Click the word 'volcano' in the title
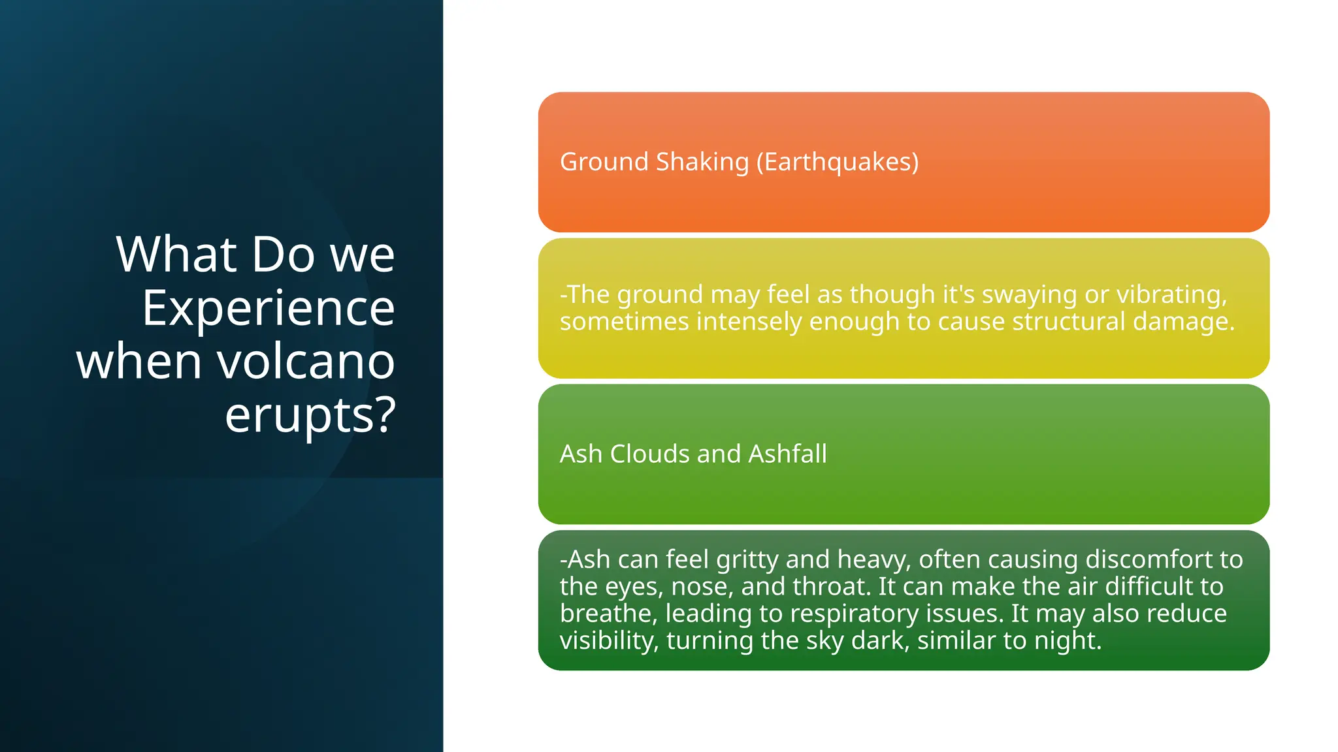click(x=306, y=362)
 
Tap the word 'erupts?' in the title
click(x=310, y=416)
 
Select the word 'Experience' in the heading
click(x=269, y=308)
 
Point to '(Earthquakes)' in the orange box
click(x=837, y=162)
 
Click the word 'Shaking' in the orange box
click(x=702, y=162)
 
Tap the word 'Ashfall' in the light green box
click(x=787, y=454)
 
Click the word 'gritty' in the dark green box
click(x=747, y=560)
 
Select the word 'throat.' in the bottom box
click(x=832, y=587)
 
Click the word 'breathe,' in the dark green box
click(x=609, y=614)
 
